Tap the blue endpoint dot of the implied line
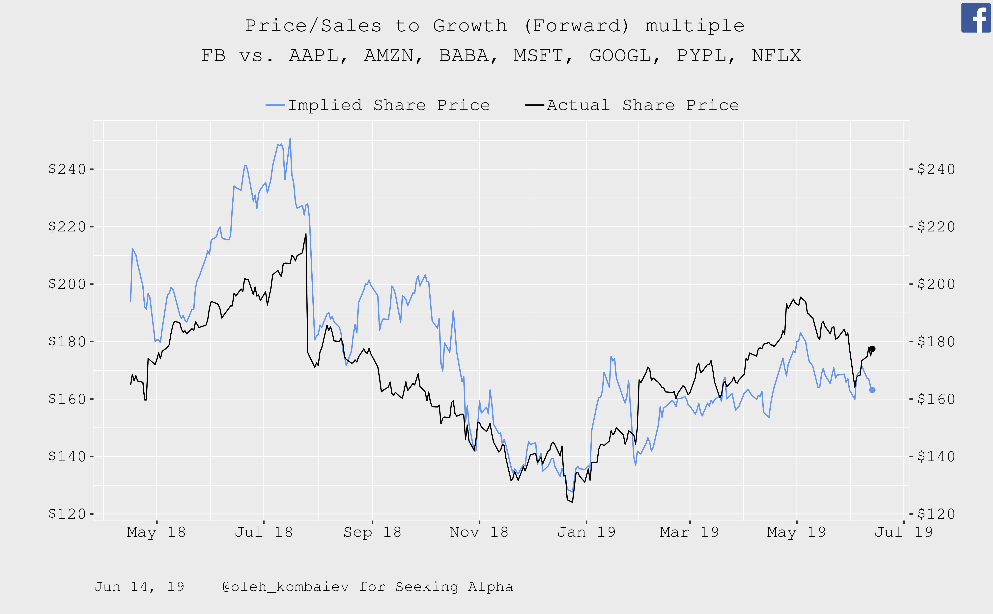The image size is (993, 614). coord(872,390)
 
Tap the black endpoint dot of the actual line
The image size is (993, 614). coord(872,349)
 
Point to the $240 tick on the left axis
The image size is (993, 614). coord(67,169)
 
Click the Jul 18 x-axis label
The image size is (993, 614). coord(264,532)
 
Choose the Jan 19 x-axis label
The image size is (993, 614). coord(586,532)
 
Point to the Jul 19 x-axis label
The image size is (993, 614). coord(904,532)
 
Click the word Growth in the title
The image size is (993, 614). coord(470,26)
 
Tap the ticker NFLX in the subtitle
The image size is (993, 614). coord(776,56)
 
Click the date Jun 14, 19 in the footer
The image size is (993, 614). coord(139,587)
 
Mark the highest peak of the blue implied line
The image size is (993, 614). coord(290,139)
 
